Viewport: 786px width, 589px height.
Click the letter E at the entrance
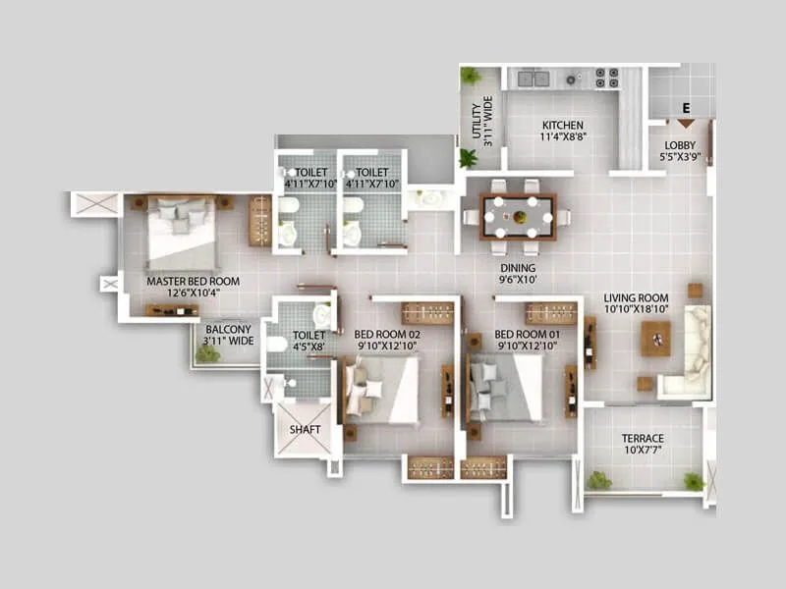pos(686,108)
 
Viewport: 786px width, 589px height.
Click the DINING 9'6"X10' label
pos(517,272)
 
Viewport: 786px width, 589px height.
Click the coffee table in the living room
pos(655,339)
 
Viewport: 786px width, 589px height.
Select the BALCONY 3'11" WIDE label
pos(229,335)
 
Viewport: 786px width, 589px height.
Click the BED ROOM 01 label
pos(528,340)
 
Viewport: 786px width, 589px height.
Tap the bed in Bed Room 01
pos(506,388)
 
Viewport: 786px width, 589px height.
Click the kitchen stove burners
pos(606,78)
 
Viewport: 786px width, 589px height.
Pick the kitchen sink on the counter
pos(533,78)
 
